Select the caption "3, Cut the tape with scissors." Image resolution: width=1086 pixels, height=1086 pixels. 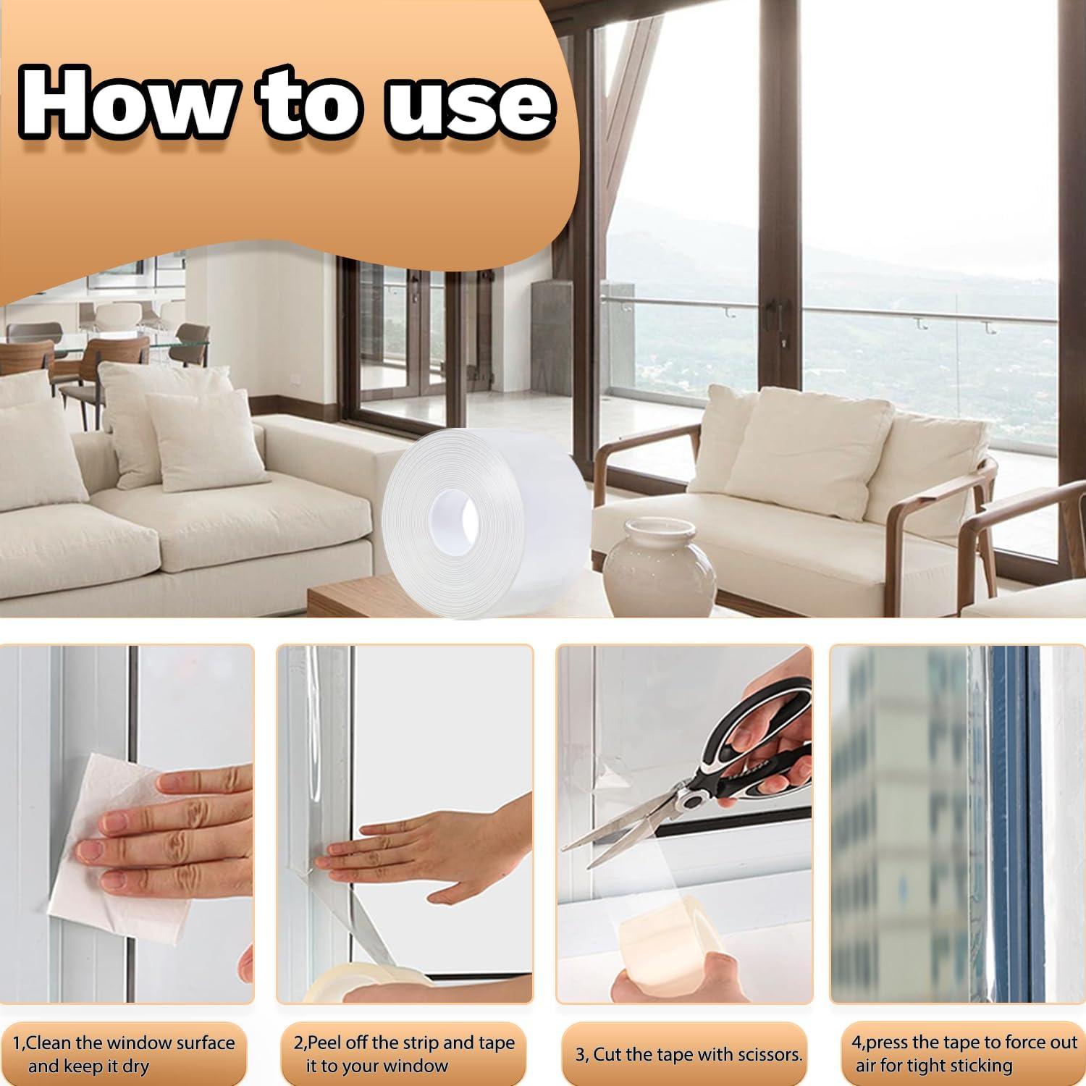(x=689, y=1055)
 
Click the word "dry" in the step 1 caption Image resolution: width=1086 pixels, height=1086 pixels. (x=135, y=1066)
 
